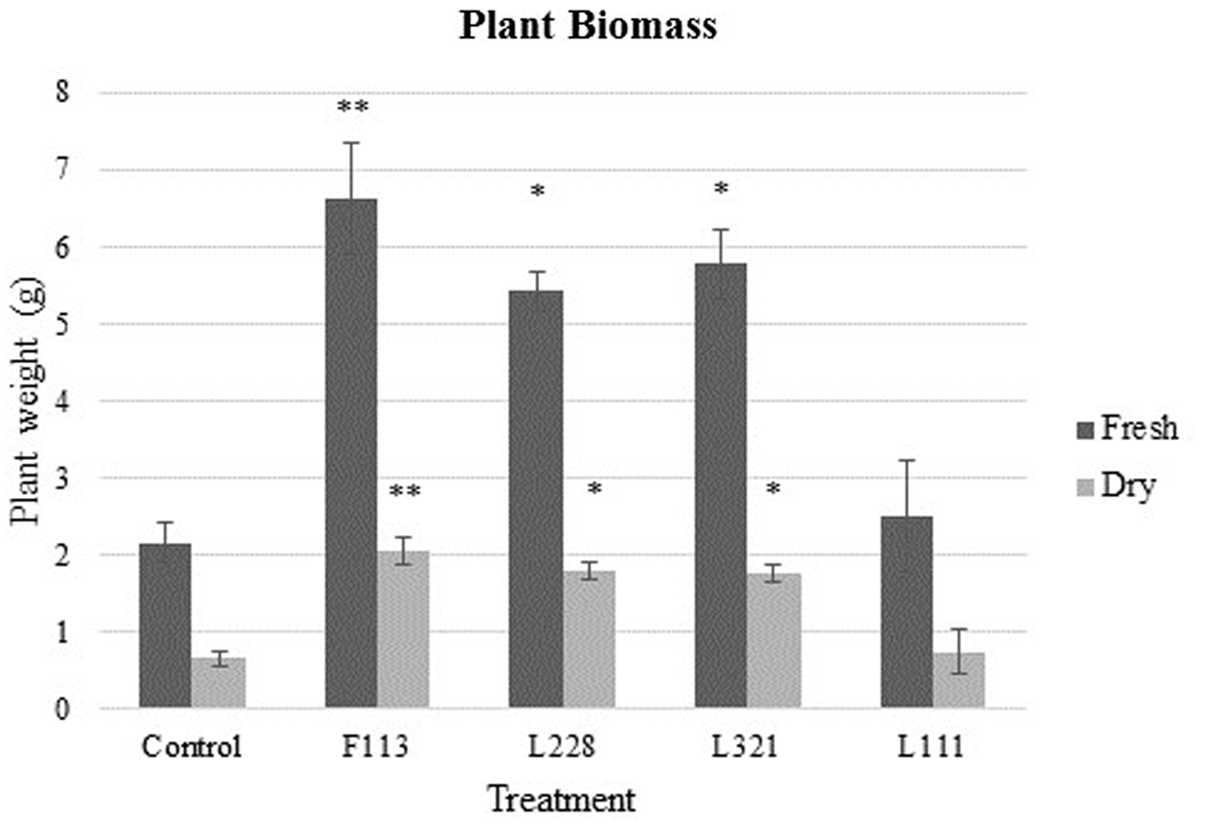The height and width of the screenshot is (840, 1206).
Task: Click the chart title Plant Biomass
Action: [587, 27]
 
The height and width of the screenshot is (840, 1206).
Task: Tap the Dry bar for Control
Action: [219, 683]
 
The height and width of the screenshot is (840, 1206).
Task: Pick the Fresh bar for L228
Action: [535, 499]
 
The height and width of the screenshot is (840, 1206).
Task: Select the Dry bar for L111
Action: [959, 680]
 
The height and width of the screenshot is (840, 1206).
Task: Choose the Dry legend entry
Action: [1127, 487]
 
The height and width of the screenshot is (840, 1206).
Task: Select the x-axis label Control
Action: [193, 748]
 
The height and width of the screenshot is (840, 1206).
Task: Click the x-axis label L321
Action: [746, 748]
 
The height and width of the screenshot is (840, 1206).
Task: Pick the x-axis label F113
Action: [378, 748]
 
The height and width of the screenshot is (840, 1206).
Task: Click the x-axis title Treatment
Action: [562, 799]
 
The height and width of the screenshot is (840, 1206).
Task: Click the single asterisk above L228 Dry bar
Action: [595, 490]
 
